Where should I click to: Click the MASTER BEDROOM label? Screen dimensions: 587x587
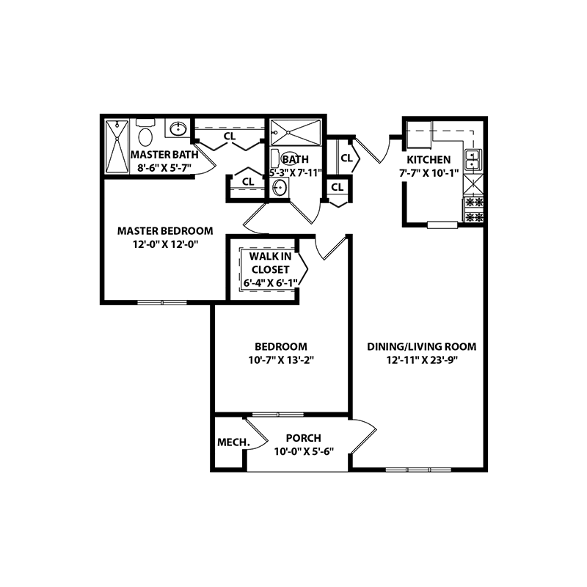pos(165,230)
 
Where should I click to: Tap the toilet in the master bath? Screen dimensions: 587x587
pos(145,134)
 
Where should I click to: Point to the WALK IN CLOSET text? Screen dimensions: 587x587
pos(269,263)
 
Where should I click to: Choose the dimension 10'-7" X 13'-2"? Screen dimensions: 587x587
pos(280,360)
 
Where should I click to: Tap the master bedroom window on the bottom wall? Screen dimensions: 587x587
pos(162,301)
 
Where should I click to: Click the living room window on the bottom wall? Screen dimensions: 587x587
pos(418,469)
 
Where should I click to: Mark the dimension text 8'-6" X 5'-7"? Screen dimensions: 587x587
pos(161,167)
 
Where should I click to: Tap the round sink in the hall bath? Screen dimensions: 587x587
pos(279,188)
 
